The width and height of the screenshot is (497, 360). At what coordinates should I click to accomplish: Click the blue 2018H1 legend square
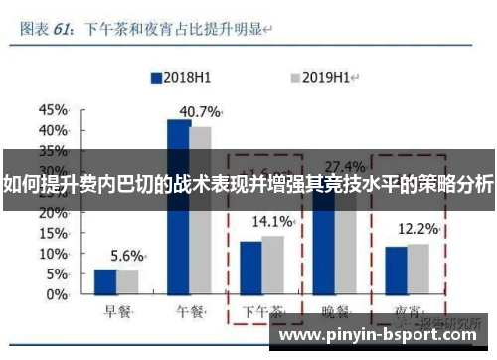tap(155, 76)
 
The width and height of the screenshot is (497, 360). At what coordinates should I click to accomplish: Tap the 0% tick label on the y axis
tap(58, 295)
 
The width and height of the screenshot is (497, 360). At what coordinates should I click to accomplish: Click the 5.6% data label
tap(127, 254)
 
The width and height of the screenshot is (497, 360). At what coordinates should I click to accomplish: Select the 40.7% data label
tap(199, 111)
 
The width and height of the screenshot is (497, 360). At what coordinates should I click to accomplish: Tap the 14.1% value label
tap(272, 221)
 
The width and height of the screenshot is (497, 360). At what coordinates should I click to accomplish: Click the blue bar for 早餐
tap(105, 282)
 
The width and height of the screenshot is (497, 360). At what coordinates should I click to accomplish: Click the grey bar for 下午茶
tap(272, 265)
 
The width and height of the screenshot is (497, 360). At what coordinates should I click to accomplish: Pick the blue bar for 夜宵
tap(397, 270)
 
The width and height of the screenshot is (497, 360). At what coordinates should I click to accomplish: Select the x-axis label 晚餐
tap(334, 312)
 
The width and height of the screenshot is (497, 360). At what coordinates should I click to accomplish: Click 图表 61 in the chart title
tap(45, 30)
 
